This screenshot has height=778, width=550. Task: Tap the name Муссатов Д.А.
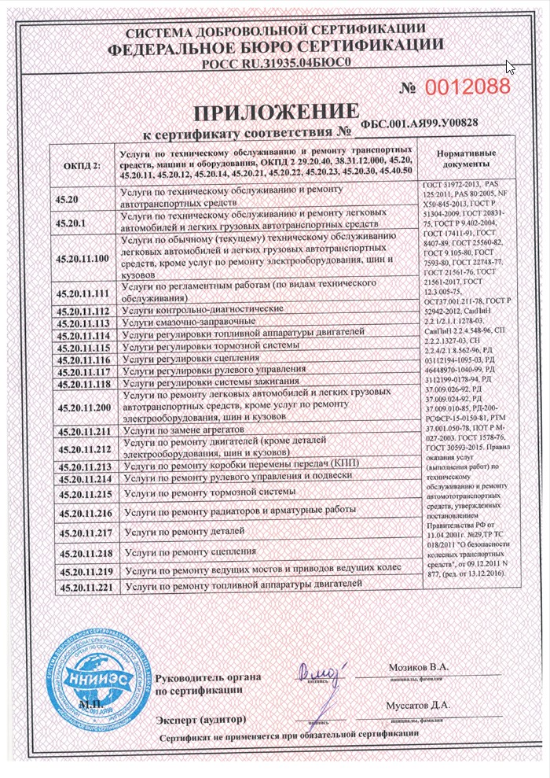[418, 705]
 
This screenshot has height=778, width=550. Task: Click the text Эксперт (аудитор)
[200, 719]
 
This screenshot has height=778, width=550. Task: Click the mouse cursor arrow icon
[509, 67]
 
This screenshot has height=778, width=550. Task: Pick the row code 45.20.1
[71, 223]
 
